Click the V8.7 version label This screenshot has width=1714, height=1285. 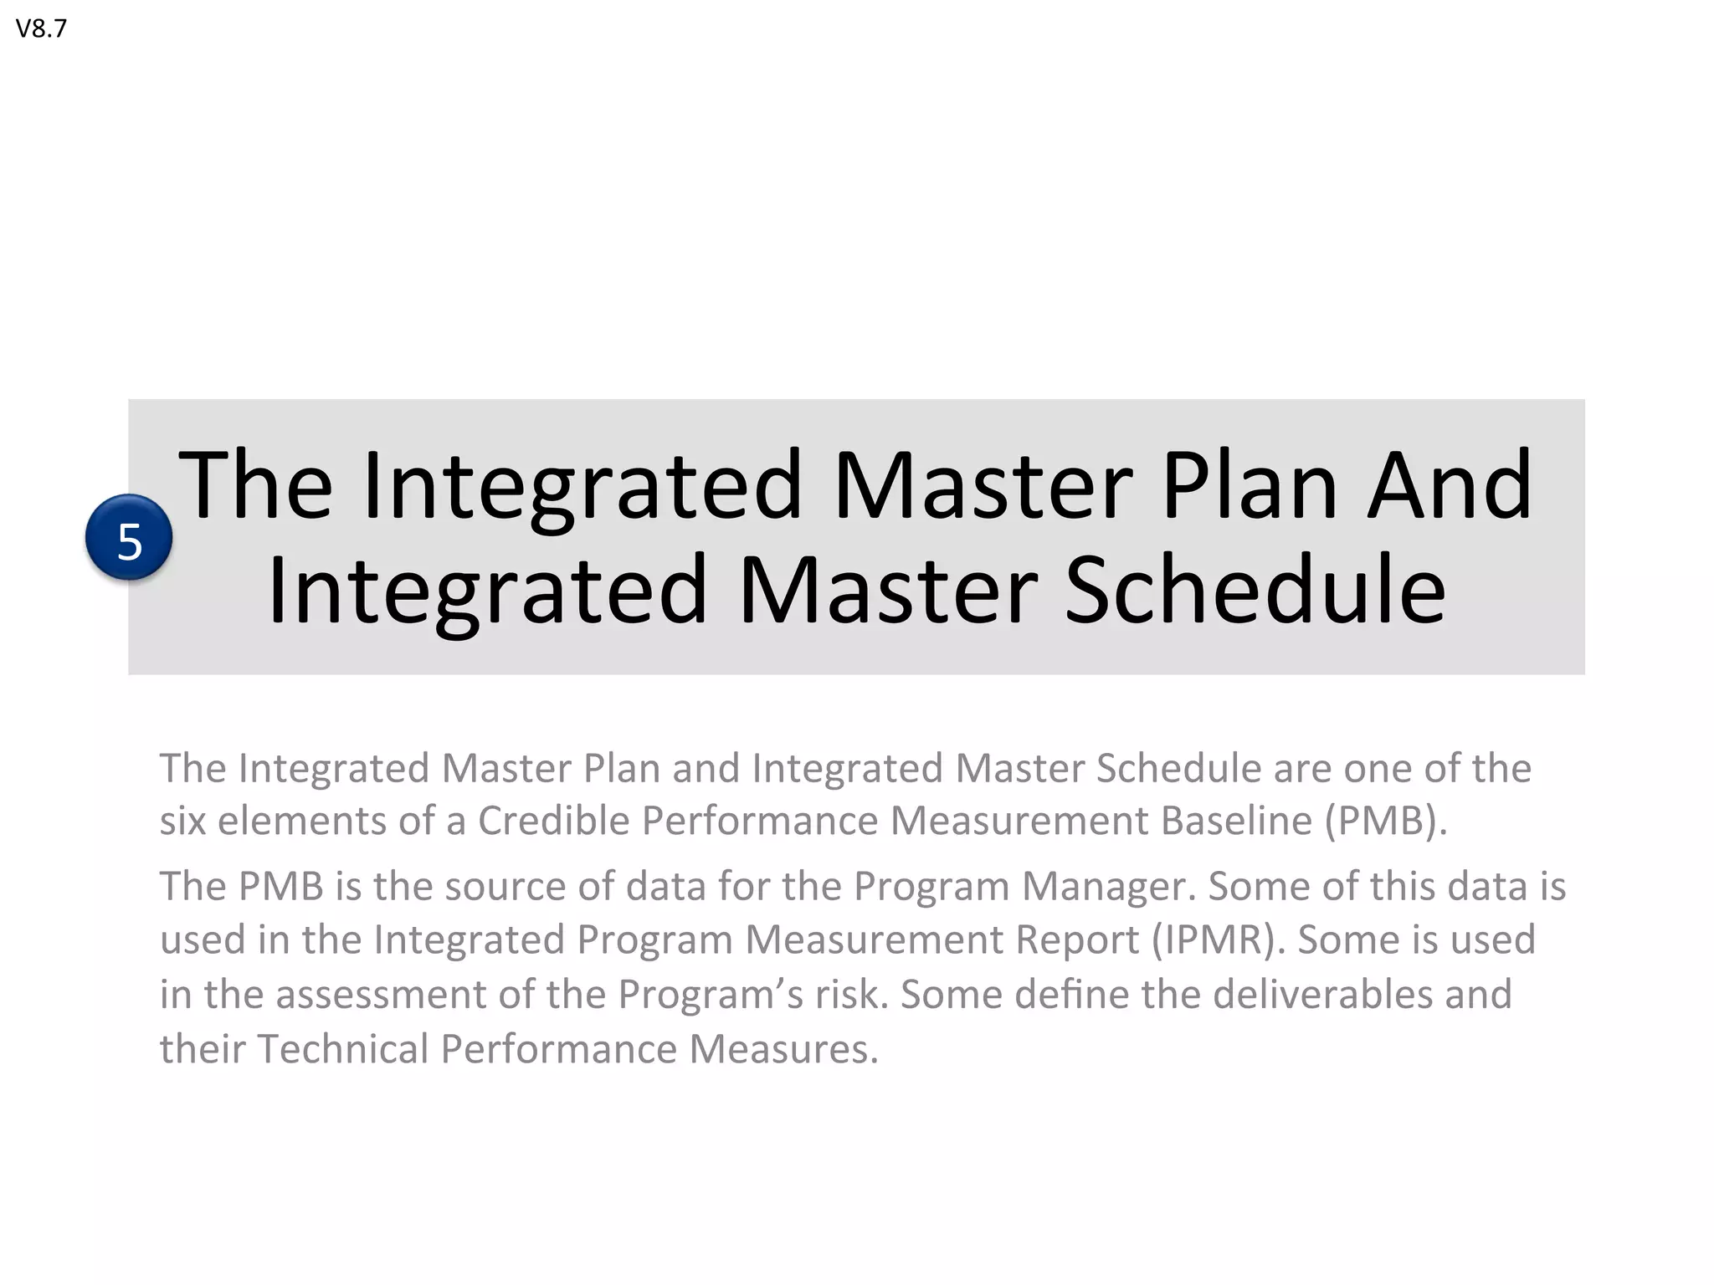click(41, 29)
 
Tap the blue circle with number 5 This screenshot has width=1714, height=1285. click(129, 538)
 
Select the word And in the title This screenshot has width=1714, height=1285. click(1450, 485)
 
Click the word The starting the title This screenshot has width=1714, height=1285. click(256, 485)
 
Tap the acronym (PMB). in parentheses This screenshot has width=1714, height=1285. click(1385, 821)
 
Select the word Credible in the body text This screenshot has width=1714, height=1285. click(553, 821)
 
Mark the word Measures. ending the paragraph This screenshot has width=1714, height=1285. click(784, 1049)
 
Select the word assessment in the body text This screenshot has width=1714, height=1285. click(382, 995)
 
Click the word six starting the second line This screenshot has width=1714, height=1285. click(182, 821)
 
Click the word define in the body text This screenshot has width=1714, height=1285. click(1072, 995)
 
